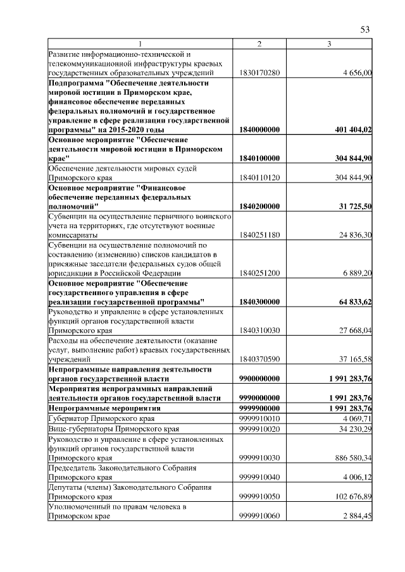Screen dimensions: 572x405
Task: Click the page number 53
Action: point(364,30)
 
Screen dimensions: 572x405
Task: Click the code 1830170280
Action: point(259,74)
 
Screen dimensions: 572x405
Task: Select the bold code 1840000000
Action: point(260,130)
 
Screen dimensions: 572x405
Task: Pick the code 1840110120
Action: point(259,177)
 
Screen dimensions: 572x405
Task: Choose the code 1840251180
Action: point(259,234)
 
